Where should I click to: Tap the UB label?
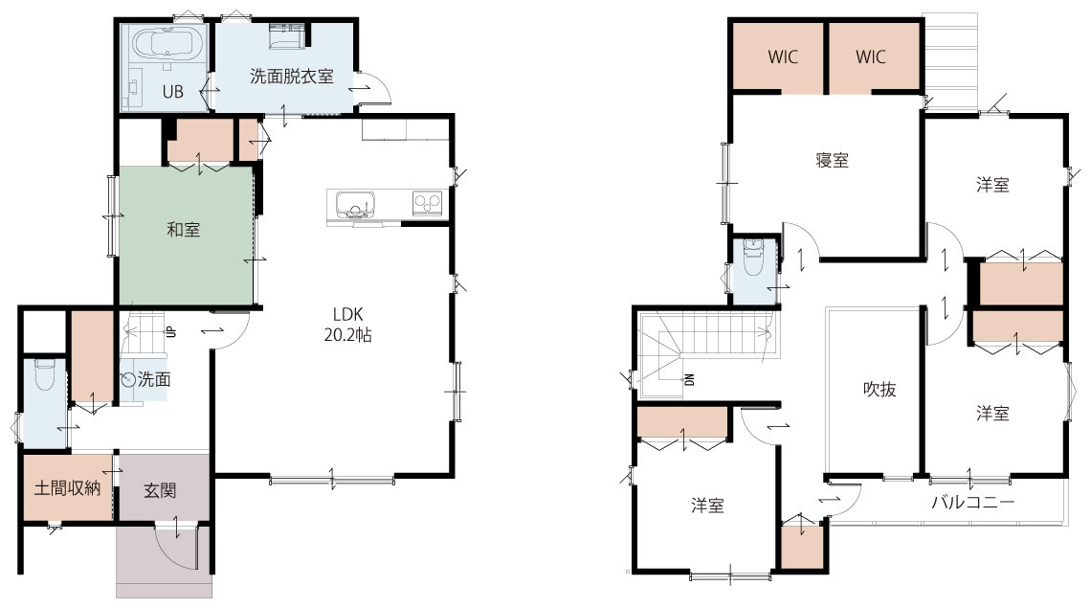(172, 91)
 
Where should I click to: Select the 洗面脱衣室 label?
(292, 76)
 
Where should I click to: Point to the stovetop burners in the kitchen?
(427, 203)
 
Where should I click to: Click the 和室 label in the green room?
(184, 229)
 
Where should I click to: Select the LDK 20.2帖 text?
(348, 325)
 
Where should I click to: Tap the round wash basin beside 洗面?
(128, 379)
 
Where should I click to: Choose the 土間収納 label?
(68, 488)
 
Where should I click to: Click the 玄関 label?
(160, 491)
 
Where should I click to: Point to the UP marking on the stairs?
(170, 332)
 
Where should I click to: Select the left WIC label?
(783, 57)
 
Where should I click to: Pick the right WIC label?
(871, 57)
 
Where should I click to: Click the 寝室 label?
(833, 160)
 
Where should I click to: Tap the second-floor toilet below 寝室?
(753, 257)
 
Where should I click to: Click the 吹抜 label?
(879, 390)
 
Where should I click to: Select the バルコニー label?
(973, 502)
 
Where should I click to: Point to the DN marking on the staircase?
(689, 379)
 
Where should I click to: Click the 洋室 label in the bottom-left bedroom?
(707, 506)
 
